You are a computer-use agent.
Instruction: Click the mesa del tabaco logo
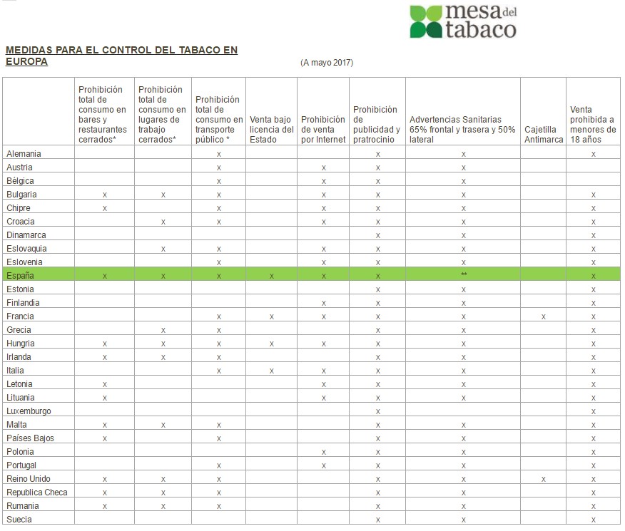[462, 21]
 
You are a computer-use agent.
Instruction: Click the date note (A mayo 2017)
[327, 63]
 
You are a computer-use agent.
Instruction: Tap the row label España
[20, 275]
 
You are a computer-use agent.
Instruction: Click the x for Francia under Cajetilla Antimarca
[544, 316]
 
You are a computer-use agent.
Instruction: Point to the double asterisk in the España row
[464, 275]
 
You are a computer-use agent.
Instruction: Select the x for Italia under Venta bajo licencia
[272, 371]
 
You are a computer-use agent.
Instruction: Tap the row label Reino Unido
[29, 478]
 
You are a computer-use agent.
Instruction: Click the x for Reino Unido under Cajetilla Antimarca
[544, 479]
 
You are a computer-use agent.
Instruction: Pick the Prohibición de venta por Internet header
[323, 130]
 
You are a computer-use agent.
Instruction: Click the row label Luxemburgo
[29, 411]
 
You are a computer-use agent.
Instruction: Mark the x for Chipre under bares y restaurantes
[105, 208]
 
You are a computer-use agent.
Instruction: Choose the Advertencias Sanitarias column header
[462, 130]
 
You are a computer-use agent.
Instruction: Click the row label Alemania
[24, 154]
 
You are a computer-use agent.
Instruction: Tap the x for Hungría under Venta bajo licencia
[272, 344]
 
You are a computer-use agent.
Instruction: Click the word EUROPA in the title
[26, 62]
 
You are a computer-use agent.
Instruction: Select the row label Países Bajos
[30, 438]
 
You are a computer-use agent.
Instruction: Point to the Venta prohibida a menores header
[593, 125]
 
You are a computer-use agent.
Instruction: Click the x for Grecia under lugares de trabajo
[163, 330]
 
